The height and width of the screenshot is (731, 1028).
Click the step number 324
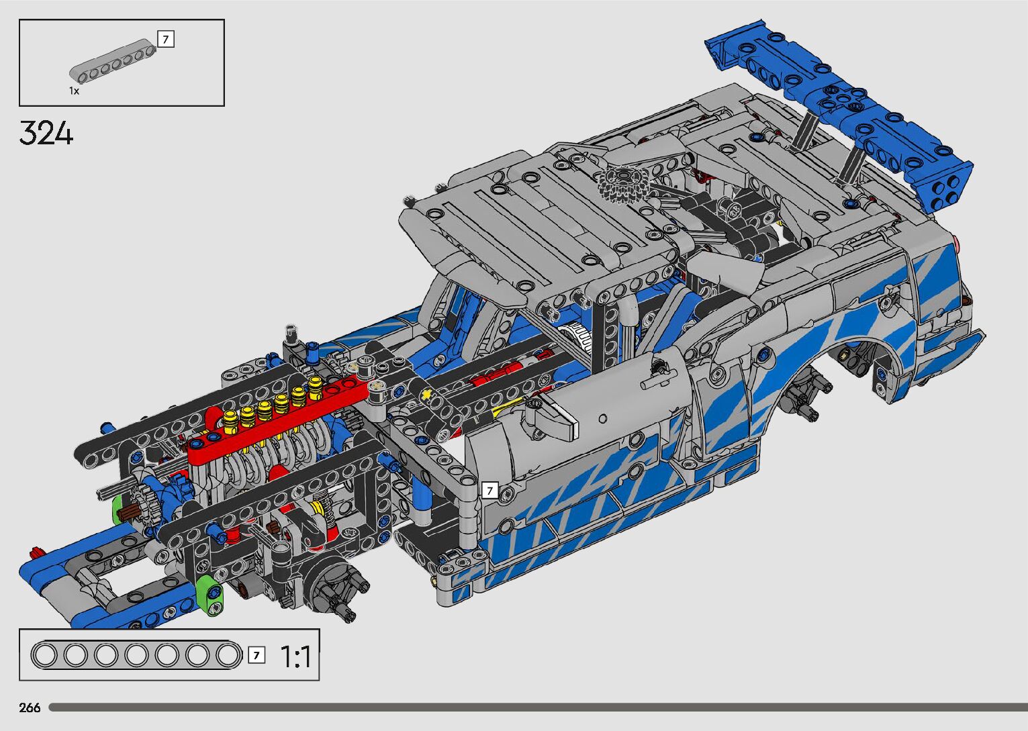coord(46,133)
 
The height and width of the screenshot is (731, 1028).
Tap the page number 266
coord(30,708)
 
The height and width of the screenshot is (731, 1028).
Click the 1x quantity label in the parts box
coord(74,91)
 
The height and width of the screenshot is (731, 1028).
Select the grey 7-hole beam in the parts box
coord(113,62)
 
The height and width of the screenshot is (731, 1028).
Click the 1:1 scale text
coord(295,656)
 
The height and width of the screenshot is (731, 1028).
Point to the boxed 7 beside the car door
coord(490,490)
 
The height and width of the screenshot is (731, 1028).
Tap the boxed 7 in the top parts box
coord(166,39)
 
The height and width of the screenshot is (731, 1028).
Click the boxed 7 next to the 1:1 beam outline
coord(256,655)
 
